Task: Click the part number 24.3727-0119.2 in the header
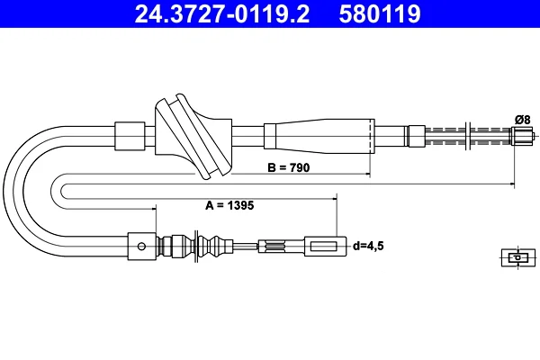pos(222,13)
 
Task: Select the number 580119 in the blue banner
pos(380,13)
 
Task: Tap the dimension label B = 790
pos(289,167)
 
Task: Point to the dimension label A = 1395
pos(229,205)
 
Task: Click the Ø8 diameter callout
pos(522,120)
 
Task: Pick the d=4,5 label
pos(368,246)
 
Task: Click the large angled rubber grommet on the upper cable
pos(193,136)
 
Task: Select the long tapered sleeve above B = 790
pos(319,136)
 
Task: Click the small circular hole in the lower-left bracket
pos(141,247)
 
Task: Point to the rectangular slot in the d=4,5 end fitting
pos(323,247)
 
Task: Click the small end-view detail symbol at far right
pos(518,257)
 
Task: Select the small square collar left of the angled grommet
pos(130,136)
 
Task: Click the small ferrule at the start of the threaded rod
pos(417,136)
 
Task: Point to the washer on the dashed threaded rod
pos(468,136)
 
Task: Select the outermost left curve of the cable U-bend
pos(4,191)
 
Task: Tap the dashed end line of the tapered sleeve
pos(373,136)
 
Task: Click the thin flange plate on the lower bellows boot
pos(196,246)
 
